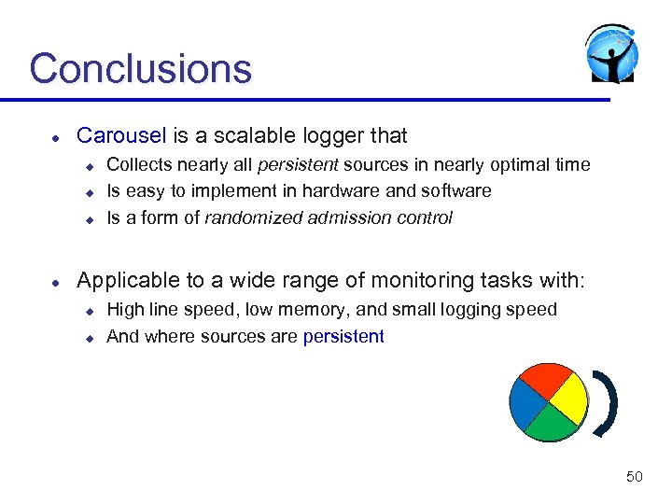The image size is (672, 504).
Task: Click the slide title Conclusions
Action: (x=140, y=68)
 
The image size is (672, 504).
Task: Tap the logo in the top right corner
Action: (x=611, y=53)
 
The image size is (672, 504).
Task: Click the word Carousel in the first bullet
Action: (x=120, y=135)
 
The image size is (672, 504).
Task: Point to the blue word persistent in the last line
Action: (x=343, y=337)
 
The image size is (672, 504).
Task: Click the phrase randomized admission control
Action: (x=329, y=218)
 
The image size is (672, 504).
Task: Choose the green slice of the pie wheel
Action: (x=552, y=425)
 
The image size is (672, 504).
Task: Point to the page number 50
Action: (x=634, y=477)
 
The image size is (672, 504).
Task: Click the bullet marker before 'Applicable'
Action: (x=56, y=281)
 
